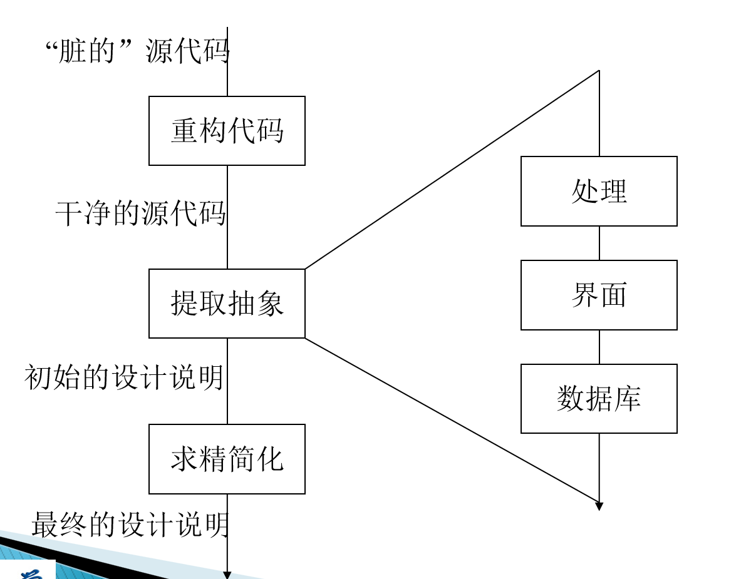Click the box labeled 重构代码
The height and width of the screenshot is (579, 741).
(x=227, y=131)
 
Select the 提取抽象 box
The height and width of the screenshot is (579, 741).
(x=227, y=304)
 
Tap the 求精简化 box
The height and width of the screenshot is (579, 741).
(x=227, y=459)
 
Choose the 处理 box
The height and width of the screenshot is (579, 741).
(x=599, y=192)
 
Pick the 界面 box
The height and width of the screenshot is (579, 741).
(x=599, y=295)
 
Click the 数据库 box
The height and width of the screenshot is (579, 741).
(x=599, y=399)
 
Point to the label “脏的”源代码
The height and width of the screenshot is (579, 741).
(x=137, y=51)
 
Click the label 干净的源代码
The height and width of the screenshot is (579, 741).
(x=140, y=213)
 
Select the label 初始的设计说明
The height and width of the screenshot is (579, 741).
(x=124, y=377)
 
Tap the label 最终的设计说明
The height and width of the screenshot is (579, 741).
(x=130, y=524)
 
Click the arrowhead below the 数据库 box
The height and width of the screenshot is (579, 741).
(x=599, y=506)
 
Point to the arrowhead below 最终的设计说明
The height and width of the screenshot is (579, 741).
(x=227, y=575)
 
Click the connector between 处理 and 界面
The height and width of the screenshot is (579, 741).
(x=599, y=243)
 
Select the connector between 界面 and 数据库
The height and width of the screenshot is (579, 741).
(x=599, y=347)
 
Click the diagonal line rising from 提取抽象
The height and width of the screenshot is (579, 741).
(x=452, y=170)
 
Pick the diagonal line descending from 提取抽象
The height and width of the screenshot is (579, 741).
(x=452, y=420)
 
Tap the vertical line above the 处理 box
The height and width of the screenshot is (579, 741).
(x=599, y=113)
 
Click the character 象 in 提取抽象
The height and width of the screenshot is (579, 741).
(x=271, y=303)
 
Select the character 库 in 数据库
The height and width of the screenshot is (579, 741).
(x=628, y=399)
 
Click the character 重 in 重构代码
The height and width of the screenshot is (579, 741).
(x=184, y=131)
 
